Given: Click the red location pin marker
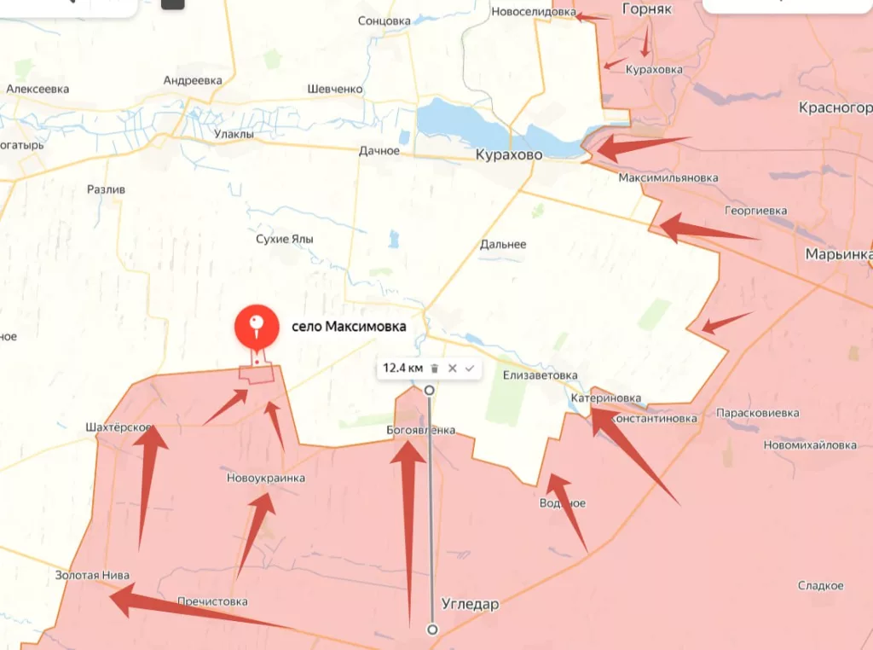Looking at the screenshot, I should click(257, 326).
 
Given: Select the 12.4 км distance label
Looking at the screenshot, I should click(402, 369).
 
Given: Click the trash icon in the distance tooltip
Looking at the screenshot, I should click(434, 369).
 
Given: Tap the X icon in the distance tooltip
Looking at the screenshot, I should click(453, 369).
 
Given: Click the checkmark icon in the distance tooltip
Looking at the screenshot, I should click(470, 369).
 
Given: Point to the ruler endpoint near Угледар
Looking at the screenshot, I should click(432, 630).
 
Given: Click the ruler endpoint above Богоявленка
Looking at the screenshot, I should click(430, 390).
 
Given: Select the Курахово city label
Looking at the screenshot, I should click(509, 155).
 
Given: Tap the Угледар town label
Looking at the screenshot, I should click(470, 604).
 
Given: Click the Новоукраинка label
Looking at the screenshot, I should click(266, 478).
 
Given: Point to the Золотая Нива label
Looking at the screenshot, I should click(92, 575).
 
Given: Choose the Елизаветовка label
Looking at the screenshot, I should click(540, 375).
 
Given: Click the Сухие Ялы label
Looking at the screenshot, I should click(285, 240).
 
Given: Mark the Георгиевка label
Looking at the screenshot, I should click(756, 210).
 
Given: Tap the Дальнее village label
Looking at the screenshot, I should click(503, 244).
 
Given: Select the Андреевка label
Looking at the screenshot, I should click(193, 80).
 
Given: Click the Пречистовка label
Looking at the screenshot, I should click(212, 601).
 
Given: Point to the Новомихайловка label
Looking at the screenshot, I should click(810, 444).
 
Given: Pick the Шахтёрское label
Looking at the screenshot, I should click(119, 427).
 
